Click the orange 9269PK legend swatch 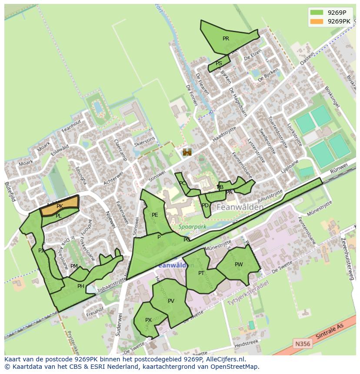317,21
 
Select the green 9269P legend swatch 317,13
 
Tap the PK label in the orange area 60,206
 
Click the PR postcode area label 226,39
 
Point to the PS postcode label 219,63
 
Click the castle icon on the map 187,152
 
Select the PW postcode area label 239,265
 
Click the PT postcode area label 201,273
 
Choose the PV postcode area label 171,301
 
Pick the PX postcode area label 148,320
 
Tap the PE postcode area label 155,215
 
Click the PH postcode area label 80,286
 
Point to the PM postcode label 74,266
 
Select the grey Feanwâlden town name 239,208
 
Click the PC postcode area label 183,183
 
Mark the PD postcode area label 205,205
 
